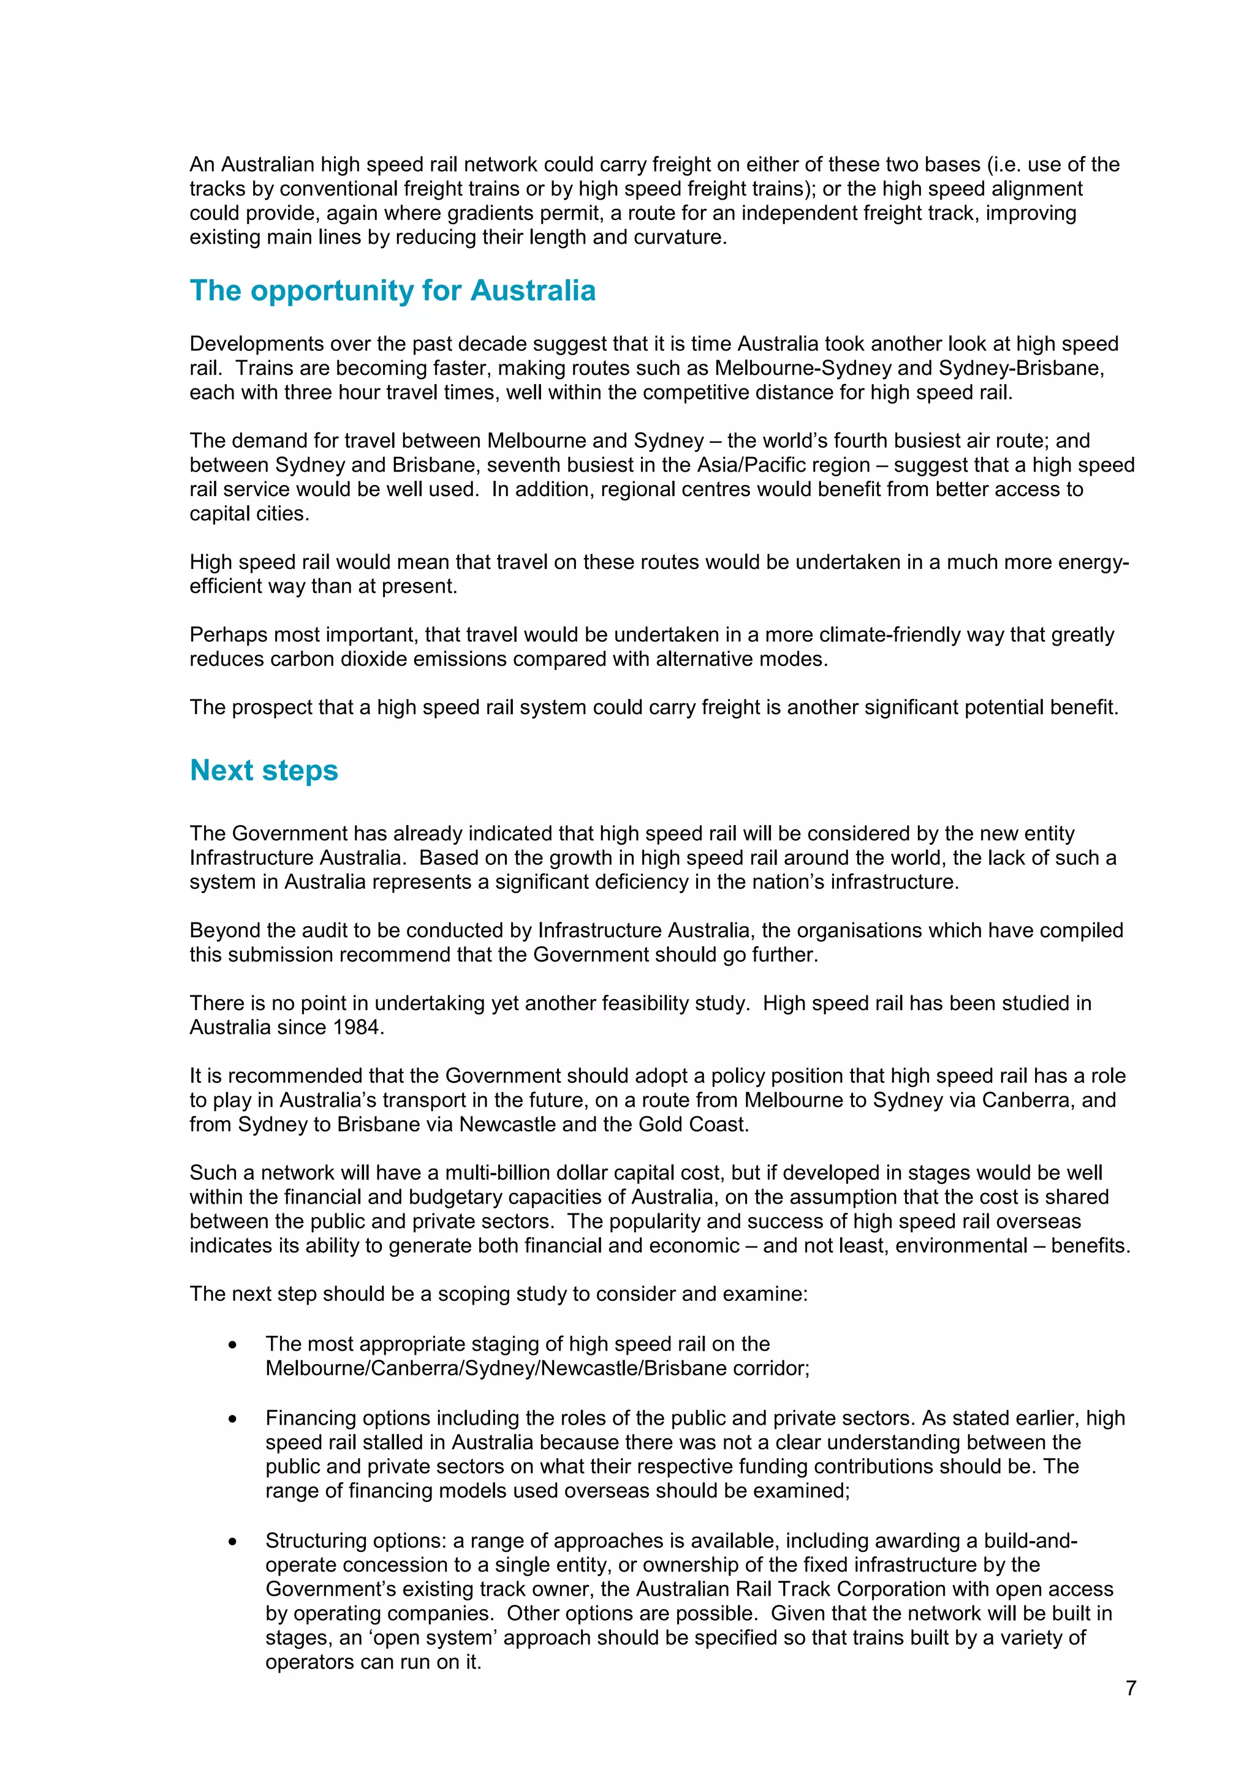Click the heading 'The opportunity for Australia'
[x=392, y=291]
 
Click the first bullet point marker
[x=233, y=1345]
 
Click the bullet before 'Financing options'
[x=233, y=1419]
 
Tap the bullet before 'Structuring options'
[x=233, y=1542]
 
